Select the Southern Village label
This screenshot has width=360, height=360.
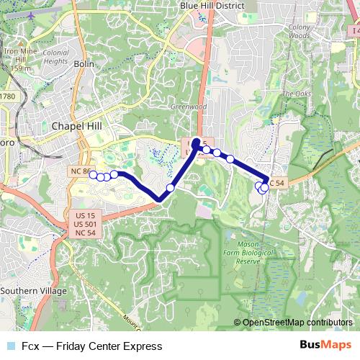[33, 291]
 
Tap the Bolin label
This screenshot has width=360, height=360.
[83, 63]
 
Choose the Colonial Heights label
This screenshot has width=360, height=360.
[55, 57]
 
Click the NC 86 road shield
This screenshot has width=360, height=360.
[81, 171]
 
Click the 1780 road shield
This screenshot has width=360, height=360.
[7, 96]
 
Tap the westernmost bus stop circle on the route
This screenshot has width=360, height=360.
[93, 174]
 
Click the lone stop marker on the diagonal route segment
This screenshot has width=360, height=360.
[171, 188]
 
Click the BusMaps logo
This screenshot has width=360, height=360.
[325, 345]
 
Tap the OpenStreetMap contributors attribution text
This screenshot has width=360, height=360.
[297, 323]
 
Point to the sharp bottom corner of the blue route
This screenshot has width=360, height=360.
[159, 199]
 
